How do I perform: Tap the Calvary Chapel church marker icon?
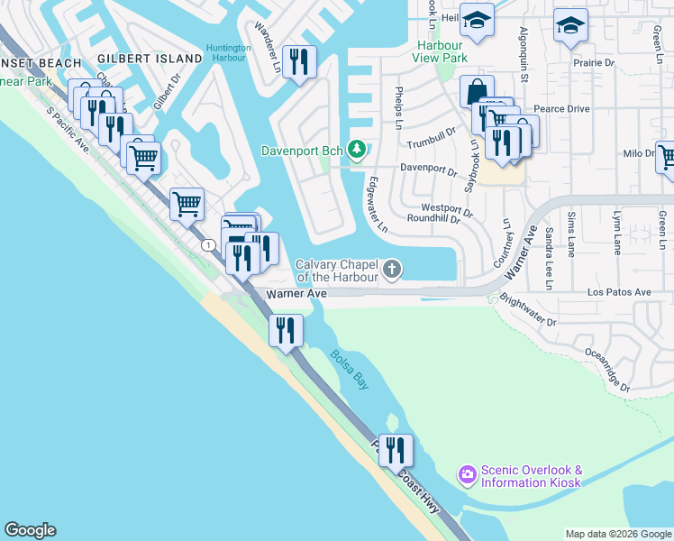pos(392,269)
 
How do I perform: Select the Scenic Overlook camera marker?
pos(467,473)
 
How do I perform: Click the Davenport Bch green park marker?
pos(357,149)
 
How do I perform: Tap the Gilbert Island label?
pos(150,59)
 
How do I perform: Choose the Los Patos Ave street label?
pos(619,293)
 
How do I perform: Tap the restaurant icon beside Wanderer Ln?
pos(299,62)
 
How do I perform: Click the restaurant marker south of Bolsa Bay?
pos(395,449)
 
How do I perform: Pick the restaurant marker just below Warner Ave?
pos(286,329)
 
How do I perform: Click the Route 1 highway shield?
pos(209,244)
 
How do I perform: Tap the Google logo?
pos(30,530)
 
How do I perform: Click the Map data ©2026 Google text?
pos(617,534)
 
